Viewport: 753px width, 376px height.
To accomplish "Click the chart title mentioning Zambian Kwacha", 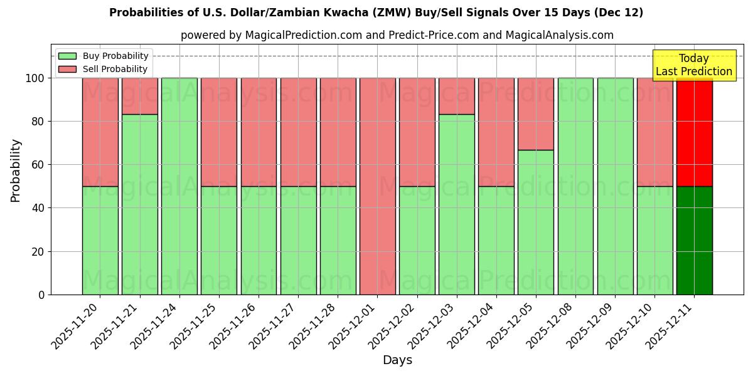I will click(376, 13).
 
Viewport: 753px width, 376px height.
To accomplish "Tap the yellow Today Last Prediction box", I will click(693, 65).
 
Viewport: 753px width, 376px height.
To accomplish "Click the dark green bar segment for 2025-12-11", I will click(694, 240).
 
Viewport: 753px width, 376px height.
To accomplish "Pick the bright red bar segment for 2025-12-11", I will click(694, 132).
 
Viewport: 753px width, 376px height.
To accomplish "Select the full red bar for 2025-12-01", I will click(377, 186).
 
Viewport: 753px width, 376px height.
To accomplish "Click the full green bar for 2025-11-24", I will click(179, 186).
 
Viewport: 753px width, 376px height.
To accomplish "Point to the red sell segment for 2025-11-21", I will click(139, 96).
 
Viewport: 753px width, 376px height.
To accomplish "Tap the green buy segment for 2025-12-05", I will click(536, 222).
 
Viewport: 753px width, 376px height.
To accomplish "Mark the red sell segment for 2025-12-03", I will click(456, 96).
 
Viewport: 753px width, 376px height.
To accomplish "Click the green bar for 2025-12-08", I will click(575, 186).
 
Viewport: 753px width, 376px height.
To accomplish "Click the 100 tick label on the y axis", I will click(35, 78).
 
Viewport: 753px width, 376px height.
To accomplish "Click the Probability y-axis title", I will click(16, 170).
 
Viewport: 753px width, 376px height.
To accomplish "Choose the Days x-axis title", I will click(397, 360).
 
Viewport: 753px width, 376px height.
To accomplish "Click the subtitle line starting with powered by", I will click(397, 35).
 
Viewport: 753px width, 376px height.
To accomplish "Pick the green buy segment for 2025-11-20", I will click(100, 240).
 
